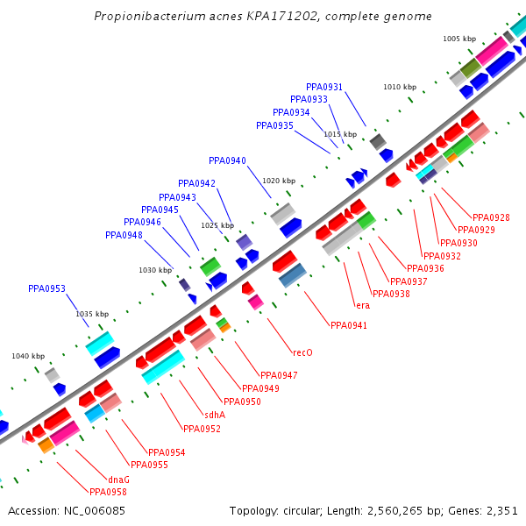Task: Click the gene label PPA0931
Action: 324,87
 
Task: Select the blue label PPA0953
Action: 46,288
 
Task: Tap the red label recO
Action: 302,353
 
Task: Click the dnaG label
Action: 118,480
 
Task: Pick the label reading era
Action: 362,305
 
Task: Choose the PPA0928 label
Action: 491,217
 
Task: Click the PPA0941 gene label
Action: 349,325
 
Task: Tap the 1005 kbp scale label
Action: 458,39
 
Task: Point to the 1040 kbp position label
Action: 27,356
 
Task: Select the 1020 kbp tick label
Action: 279,181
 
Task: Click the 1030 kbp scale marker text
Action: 155,270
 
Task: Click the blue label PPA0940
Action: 227,160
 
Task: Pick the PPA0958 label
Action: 108,492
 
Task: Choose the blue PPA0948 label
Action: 124,235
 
